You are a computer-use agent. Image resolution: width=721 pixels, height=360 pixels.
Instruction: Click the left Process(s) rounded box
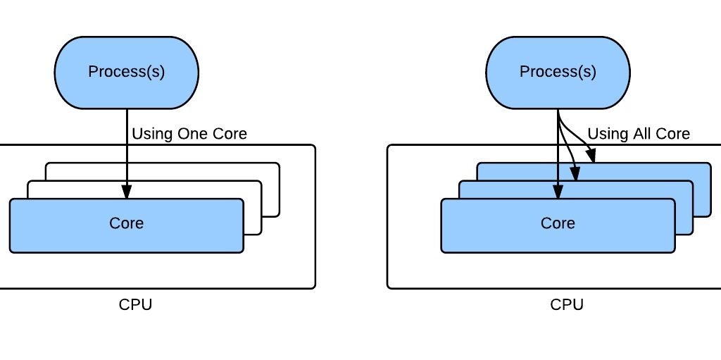(127, 72)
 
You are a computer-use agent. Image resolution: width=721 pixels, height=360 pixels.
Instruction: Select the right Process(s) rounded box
(558, 72)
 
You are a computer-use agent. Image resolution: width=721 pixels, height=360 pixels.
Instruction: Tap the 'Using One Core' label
(189, 133)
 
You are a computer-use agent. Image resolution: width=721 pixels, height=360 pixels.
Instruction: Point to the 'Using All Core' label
(639, 133)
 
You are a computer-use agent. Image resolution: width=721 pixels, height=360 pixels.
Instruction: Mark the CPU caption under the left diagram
(135, 304)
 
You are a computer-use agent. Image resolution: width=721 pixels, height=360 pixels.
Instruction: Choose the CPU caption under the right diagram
(567, 304)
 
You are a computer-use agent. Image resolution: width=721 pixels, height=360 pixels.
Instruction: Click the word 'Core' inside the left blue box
(127, 223)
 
